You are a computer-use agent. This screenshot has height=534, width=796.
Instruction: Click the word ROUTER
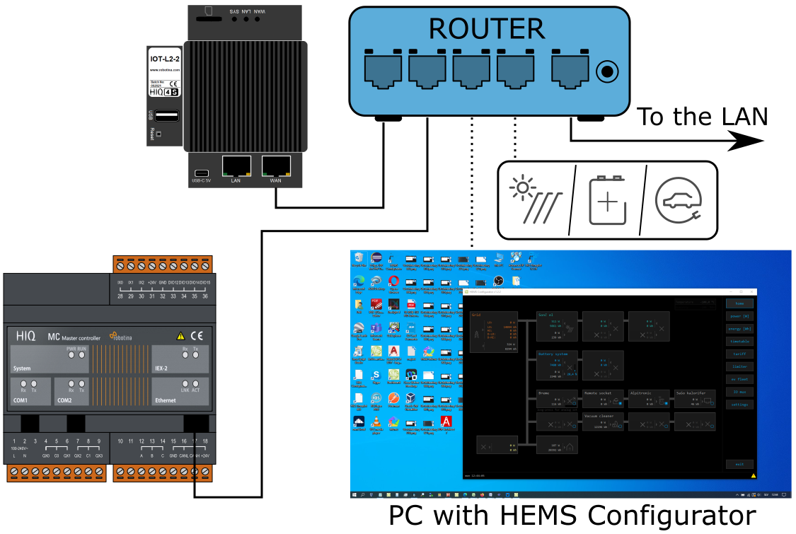[487, 29]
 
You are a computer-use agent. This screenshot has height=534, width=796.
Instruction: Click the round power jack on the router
[607, 71]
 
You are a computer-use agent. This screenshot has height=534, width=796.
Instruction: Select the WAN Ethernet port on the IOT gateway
[276, 167]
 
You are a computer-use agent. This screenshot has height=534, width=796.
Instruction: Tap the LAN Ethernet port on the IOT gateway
[236, 167]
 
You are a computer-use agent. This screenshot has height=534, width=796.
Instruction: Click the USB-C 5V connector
[202, 173]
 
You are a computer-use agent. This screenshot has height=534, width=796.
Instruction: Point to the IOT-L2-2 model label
[165, 59]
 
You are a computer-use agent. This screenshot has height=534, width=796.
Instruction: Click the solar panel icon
[536, 200]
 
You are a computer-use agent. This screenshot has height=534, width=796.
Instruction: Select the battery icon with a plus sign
[608, 201]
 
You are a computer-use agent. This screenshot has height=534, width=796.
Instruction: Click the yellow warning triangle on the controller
[180, 336]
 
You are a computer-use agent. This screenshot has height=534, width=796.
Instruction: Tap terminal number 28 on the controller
[120, 296]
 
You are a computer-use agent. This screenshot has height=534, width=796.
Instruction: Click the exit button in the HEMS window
[739, 465]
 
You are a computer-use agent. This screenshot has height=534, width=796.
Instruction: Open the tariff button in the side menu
[739, 354]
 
